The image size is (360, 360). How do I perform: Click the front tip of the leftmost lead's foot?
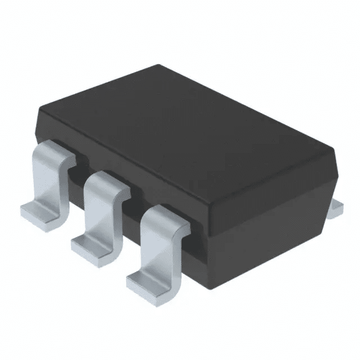[25, 214]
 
